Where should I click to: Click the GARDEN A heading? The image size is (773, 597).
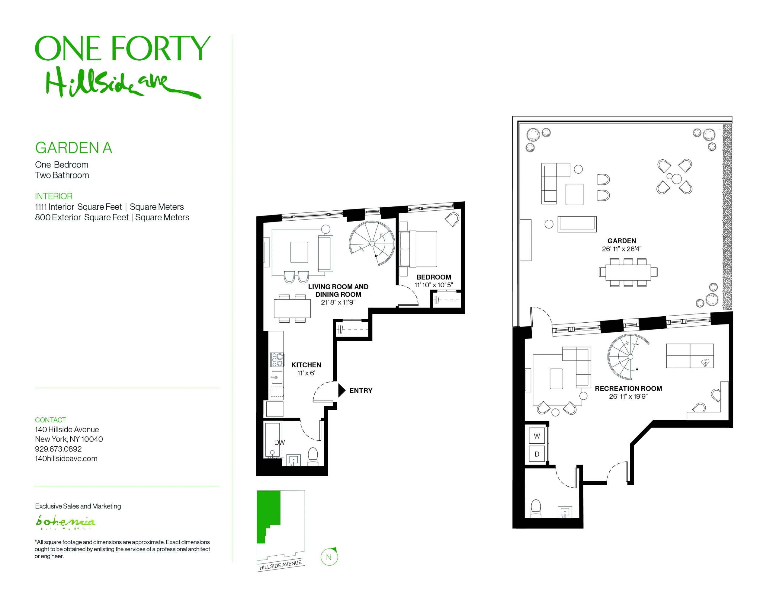coord(74,148)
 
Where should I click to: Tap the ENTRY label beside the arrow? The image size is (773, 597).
coord(360,391)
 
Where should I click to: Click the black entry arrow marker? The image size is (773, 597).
coord(342,390)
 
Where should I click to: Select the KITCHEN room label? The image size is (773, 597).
coord(306,365)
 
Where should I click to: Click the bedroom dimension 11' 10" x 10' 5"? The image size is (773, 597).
coord(434,285)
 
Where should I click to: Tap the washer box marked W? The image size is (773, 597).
coord(537,436)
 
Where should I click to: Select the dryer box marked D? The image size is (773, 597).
coord(537,454)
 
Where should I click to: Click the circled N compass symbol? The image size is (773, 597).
coord(329,557)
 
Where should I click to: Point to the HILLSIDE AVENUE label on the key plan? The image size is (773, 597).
coord(280,565)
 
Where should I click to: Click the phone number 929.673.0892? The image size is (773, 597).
coord(58,449)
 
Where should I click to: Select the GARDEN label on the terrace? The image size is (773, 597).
coord(621,241)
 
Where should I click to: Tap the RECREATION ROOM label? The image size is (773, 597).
coord(628,388)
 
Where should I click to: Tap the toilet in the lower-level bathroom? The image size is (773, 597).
coord(536,509)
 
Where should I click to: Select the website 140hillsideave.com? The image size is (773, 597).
coord(66,459)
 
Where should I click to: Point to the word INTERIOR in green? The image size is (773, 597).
coord(53,196)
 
